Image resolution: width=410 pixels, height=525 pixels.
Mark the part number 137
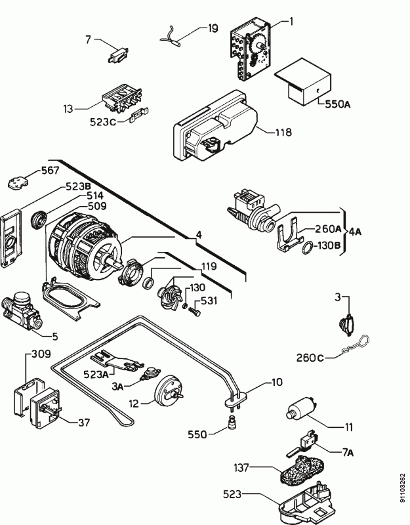[x=241, y=468]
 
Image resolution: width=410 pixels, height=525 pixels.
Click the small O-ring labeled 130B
[x=306, y=248]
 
